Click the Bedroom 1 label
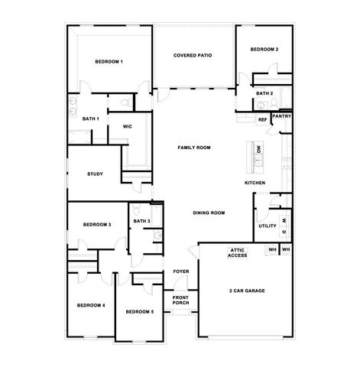point(109,60)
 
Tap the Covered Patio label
point(193,55)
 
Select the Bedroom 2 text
point(263,49)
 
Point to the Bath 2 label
point(264,93)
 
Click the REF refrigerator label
point(262,120)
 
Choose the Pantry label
point(281,116)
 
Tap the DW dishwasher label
point(258,150)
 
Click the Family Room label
point(193,147)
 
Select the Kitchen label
point(255,183)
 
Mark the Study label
point(95,174)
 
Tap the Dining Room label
point(208,213)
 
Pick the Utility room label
point(267,226)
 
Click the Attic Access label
point(237,252)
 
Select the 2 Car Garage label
point(246,291)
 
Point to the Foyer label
point(180,271)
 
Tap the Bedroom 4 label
point(91,305)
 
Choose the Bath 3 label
point(141,221)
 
